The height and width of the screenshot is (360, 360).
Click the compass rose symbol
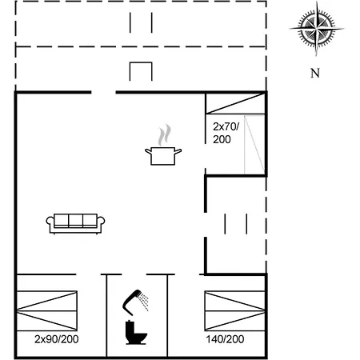point(317,30)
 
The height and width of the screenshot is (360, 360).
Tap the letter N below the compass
point(315,74)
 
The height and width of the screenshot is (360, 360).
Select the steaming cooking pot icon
point(163,154)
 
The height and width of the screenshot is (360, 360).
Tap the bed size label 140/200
point(225,339)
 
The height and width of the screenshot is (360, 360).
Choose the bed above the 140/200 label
point(234,310)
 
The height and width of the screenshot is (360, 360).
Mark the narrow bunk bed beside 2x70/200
point(254,143)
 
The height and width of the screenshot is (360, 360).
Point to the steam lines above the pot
point(164,133)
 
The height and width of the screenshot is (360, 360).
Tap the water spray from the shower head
point(144,301)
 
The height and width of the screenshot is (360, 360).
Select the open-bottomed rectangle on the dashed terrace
point(141,72)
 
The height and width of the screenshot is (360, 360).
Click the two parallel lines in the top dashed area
point(141,22)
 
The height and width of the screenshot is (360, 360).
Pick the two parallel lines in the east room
point(236,223)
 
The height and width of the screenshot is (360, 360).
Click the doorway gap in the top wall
point(104,93)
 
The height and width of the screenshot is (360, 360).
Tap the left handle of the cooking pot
point(147,150)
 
